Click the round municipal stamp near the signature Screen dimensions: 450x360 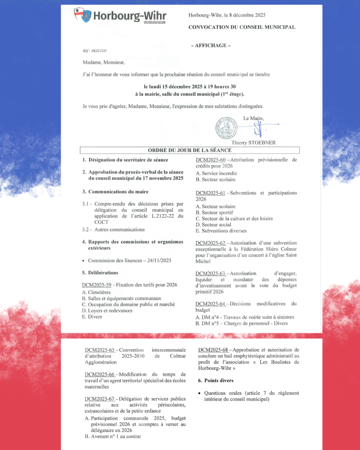pyautogui.click(x=227, y=127)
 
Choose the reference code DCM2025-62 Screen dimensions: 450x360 pyautogui.click(x=210, y=243)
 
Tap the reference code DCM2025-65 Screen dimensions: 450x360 pyautogui.click(x=99, y=350)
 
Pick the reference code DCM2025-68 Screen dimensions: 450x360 pyautogui.click(x=213, y=350)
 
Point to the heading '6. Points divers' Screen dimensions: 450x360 pyautogui.click(x=218, y=380)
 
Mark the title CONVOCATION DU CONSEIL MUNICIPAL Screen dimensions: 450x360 pyautogui.click(x=242, y=27)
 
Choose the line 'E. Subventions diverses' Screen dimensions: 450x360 pyautogui.click(x=221, y=231)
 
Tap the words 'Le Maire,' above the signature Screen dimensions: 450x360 pyautogui.click(x=254, y=118)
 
